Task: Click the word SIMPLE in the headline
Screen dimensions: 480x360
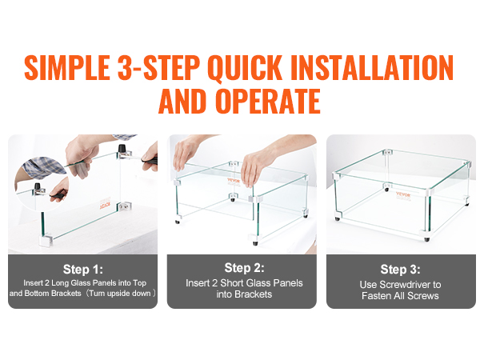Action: point(66,68)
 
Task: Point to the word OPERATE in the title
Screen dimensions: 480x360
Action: point(268,102)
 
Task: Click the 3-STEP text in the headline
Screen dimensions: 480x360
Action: point(158,68)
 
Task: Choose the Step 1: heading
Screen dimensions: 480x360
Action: point(83,270)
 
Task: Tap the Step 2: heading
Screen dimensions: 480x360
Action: point(244,268)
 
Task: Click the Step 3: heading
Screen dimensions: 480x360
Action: point(401,270)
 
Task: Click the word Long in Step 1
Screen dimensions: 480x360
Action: point(60,283)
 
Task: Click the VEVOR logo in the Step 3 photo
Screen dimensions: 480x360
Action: point(403,194)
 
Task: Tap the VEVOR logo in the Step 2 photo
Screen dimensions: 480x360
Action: point(234,181)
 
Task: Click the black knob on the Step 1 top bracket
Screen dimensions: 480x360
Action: point(122,148)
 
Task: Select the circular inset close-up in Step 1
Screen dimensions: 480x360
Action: point(42,184)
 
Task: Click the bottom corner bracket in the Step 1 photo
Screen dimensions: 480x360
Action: point(46,240)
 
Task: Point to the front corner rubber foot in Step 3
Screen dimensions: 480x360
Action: point(427,239)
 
